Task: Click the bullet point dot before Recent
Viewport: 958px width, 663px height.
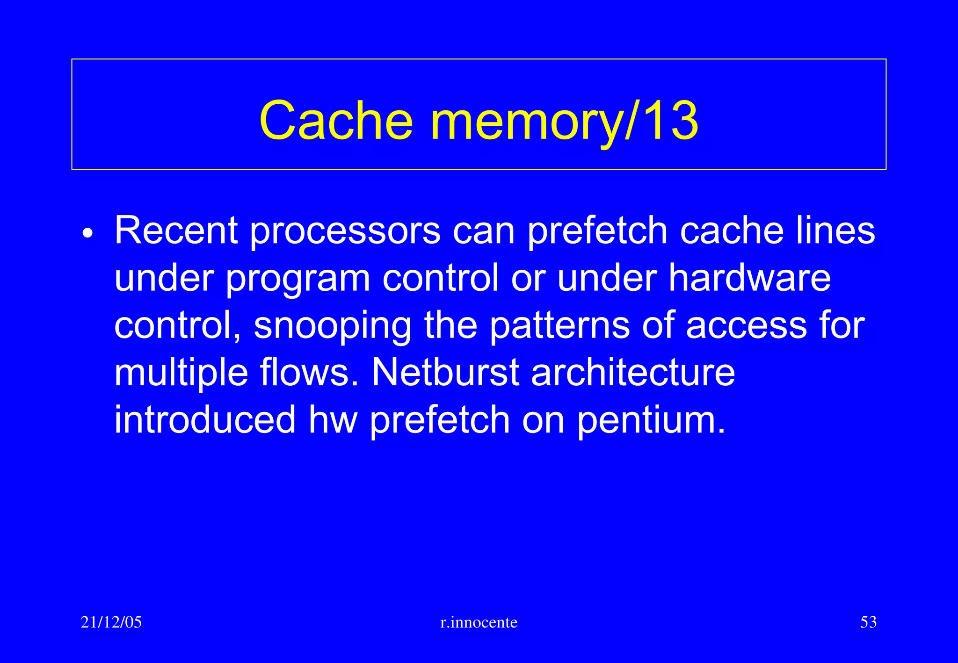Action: point(87,233)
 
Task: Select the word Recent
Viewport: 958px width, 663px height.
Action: point(176,231)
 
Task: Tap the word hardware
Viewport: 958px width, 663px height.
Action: point(749,278)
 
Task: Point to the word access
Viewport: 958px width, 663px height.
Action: point(746,326)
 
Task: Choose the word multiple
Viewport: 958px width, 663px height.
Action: point(181,374)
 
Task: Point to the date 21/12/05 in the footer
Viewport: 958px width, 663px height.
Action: point(111,622)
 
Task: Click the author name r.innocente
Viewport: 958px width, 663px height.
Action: point(479,622)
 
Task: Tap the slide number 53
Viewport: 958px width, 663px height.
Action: point(868,622)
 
